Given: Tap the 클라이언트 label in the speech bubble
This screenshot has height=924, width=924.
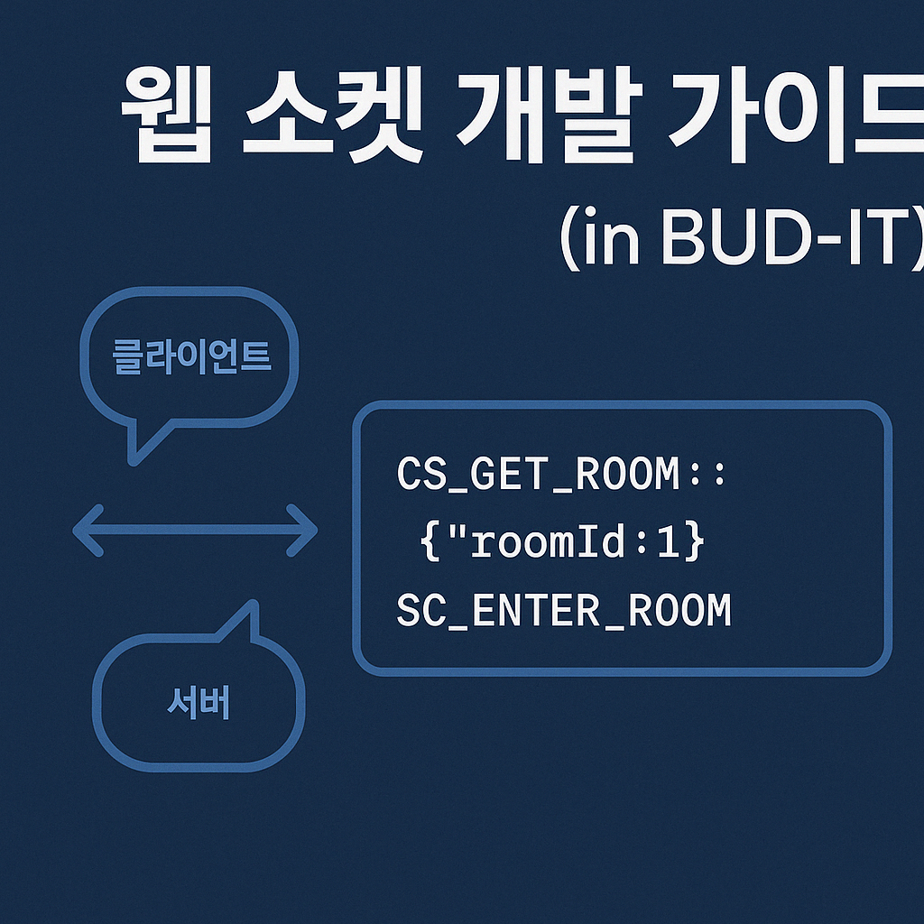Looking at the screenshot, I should click(x=190, y=357).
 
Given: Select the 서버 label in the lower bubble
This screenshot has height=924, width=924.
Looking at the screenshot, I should click(x=199, y=703).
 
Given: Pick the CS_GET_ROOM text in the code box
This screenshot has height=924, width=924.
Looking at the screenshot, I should click(x=538, y=476).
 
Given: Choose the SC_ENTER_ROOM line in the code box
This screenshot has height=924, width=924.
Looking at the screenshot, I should click(x=563, y=612).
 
